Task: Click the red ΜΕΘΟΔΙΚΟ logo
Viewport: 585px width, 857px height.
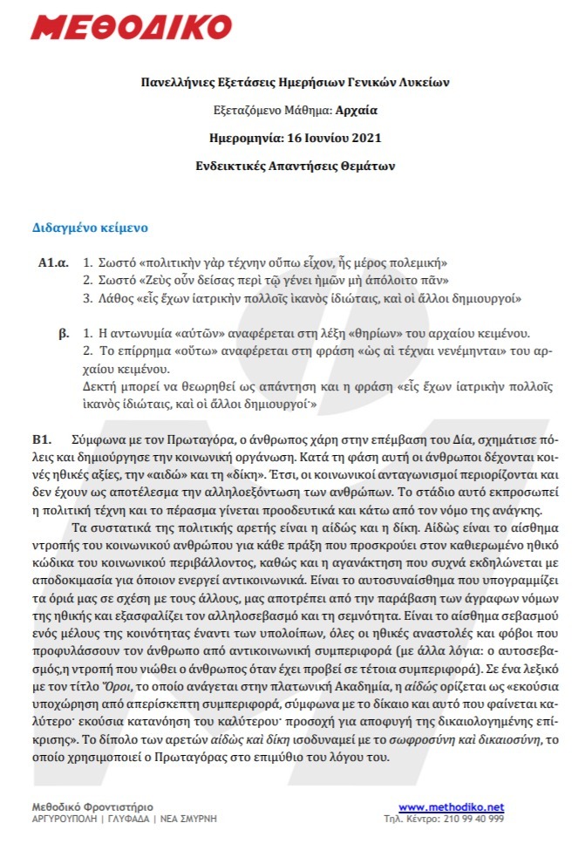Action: click(122, 27)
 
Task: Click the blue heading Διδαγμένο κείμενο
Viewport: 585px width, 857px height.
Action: click(90, 228)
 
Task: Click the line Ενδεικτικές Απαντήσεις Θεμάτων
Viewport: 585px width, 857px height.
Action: click(292, 164)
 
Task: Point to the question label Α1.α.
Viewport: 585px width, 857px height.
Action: click(52, 262)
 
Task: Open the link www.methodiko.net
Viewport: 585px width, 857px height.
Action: click(451, 807)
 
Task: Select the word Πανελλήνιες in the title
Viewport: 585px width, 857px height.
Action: click(178, 83)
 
